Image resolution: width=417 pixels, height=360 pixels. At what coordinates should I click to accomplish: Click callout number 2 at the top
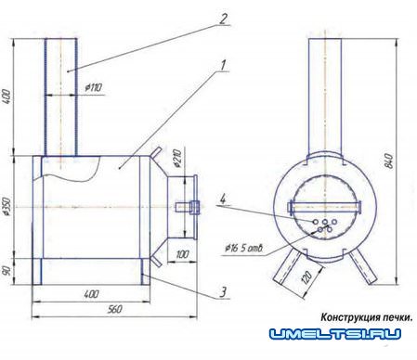[223, 19]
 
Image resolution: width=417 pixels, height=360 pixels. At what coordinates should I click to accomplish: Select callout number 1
[223, 65]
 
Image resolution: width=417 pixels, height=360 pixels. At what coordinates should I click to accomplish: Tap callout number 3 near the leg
[223, 292]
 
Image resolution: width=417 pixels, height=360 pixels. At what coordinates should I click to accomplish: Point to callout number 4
[223, 199]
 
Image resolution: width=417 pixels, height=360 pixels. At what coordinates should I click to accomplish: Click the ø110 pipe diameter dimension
[93, 87]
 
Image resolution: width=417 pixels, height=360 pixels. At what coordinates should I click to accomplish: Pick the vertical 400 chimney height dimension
[7, 96]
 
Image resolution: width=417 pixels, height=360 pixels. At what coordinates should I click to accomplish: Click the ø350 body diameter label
[7, 207]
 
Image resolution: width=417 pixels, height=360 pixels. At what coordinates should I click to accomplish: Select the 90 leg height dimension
[7, 271]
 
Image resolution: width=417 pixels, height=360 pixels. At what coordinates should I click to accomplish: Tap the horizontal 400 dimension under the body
[92, 294]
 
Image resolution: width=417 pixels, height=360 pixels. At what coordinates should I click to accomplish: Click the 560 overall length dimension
[114, 309]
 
